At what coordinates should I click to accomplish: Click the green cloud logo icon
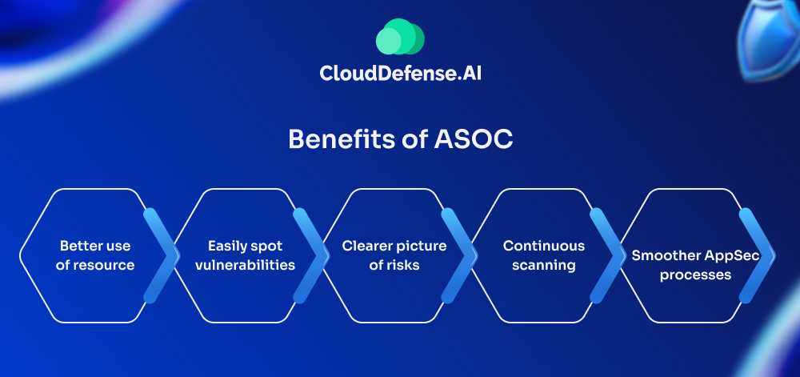point(399,38)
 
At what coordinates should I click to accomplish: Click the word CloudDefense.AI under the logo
point(400,74)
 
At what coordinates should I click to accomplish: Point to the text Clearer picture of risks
point(394,255)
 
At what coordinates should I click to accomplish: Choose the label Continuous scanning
point(543,255)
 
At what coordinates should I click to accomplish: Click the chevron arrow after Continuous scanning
point(609,255)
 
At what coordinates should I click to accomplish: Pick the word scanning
point(543,265)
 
